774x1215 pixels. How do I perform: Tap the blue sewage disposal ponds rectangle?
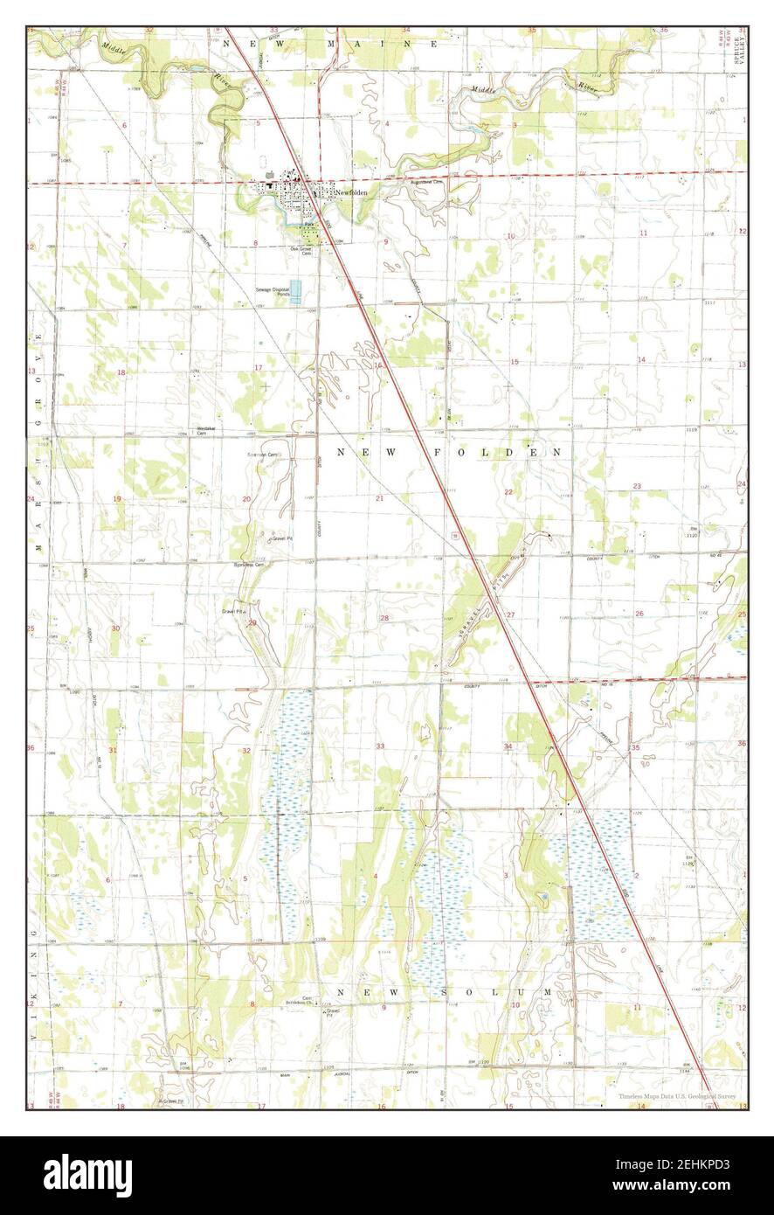[295, 291]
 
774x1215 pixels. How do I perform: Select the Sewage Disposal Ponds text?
[273, 292]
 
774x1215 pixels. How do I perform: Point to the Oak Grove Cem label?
[301, 251]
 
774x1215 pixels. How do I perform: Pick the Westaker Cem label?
[206, 430]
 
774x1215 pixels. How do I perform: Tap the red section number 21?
[379, 498]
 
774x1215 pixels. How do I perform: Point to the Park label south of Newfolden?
[308, 224]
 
